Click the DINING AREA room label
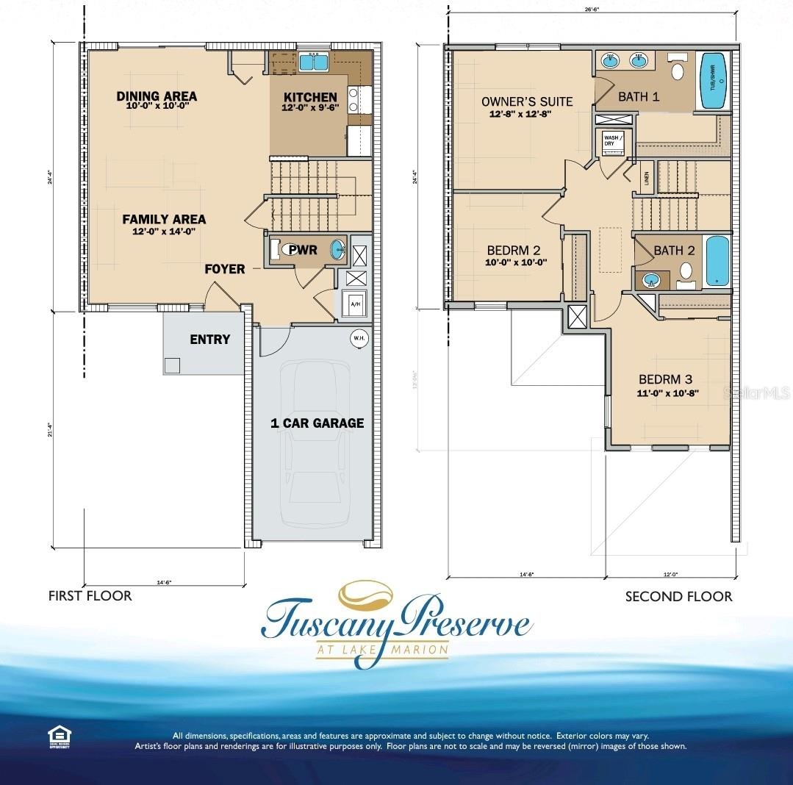157,96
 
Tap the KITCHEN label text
310,97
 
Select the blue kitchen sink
315,62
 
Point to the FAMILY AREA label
164,219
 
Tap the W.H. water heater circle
359,338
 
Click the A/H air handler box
355,304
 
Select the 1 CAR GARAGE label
317,423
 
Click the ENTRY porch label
209,340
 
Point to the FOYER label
225,269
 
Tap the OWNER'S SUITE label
526,101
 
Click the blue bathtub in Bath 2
717,262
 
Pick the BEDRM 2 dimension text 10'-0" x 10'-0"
515,262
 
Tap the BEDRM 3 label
665,379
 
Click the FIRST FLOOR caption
90,595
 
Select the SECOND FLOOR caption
678,596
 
